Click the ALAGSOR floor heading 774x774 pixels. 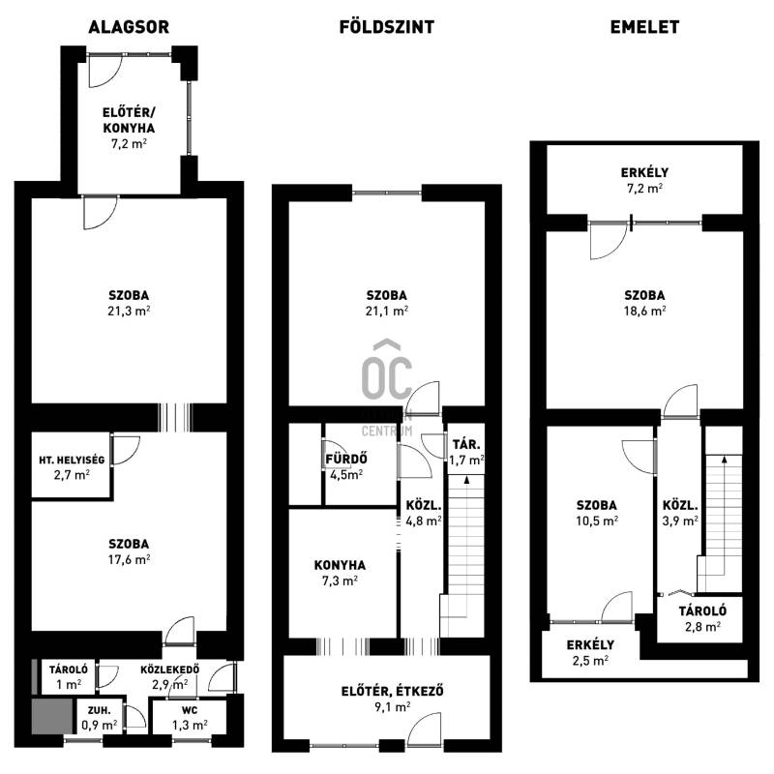click(129, 27)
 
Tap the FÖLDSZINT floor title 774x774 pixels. click(386, 27)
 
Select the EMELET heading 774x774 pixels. click(644, 27)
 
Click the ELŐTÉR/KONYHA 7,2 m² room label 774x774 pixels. click(129, 128)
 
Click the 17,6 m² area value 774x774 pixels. click(129, 559)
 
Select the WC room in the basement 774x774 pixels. click(190, 717)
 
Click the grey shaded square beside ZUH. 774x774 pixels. click(52, 716)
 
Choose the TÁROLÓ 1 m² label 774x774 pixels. click(68, 676)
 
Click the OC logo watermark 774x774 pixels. click(386, 371)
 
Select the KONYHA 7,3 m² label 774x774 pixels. click(340, 573)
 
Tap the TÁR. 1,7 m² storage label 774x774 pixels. click(466, 452)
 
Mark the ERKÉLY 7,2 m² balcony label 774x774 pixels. click(644, 180)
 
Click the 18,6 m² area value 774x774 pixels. click(644, 311)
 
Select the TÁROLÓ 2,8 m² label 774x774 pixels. click(702, 618)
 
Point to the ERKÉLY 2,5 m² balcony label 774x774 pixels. click(590, 652)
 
